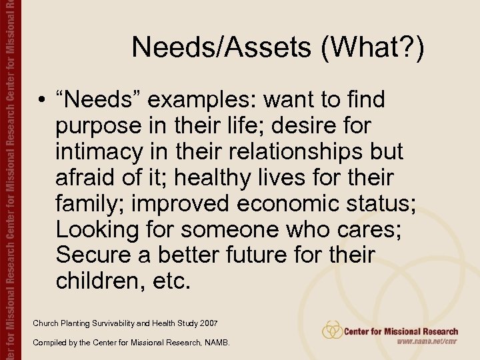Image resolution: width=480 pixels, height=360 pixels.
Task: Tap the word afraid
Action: tap(85, 177)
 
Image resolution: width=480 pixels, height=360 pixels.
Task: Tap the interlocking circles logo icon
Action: tap(332, 329)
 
